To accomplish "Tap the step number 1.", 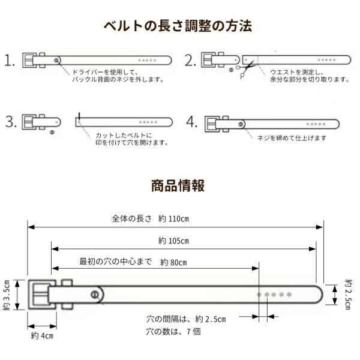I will (9, 61).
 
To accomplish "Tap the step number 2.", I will (191, 61).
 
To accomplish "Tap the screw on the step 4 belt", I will (241, 124).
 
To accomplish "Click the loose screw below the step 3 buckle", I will (52, 131).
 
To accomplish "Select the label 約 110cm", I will (174, 218).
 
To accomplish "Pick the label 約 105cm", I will (174, 241).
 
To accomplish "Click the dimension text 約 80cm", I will (173, 262).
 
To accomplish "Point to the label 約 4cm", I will (43, 335).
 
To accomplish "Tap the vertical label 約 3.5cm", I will (7, 296).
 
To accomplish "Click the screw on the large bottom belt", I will (95, 294).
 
